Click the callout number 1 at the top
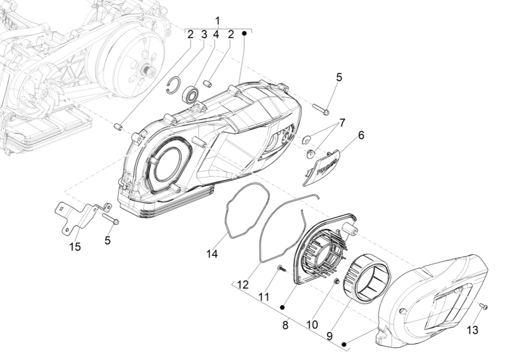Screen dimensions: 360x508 (217, 21)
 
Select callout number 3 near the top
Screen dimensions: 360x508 (204, 35)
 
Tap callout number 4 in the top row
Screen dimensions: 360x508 (217, 35)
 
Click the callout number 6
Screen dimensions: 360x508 (361, 135)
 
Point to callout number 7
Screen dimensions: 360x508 (342, 123)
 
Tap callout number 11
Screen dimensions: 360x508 (264, 296)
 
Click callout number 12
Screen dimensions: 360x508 (243, 285)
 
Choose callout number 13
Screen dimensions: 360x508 (473, 330)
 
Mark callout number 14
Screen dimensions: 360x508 (212, 254)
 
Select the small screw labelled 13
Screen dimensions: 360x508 (484, 307)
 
